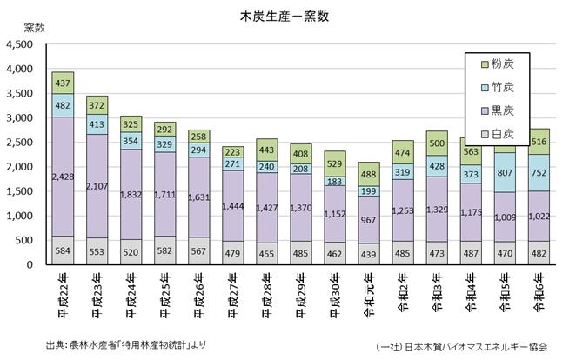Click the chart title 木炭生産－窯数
coord(286,17)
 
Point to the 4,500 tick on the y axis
coord(18,44)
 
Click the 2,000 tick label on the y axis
coord(18,167)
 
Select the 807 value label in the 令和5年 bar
coord(506,172)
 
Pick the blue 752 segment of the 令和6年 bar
coord(539,172)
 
